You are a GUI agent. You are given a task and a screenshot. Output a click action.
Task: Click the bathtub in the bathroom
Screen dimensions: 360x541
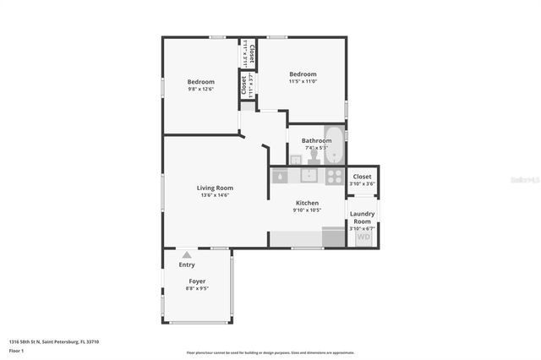pyautogui.click(x=335, y=145)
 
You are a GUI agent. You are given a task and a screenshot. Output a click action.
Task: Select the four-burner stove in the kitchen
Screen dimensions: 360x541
pyautogui.click(x=335, y=176)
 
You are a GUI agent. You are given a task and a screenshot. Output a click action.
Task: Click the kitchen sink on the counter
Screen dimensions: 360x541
pyautogui.click(x=310, y=176)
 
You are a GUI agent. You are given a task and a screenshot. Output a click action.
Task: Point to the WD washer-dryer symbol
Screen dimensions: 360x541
pyautogui.click(x=363, y=237)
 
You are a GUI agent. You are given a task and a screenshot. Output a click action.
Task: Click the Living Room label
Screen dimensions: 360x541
pyautogui.click(x=215, y=188)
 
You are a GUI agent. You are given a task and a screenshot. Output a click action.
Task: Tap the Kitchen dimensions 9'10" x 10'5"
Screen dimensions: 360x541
pyautogui.click(x=307, y=210)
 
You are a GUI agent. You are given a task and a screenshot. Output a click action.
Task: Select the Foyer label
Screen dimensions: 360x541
pyautogui.click(x=197, y=281)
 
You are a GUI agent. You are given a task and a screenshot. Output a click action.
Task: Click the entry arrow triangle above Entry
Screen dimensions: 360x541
pyautogui.click(x=187, y=254)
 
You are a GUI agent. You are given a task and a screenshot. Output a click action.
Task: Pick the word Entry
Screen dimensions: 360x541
pyautogui.click(x=187, y=265)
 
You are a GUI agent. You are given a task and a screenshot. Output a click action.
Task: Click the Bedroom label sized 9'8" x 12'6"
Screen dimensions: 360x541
pyautogui.click(x=200, y=82)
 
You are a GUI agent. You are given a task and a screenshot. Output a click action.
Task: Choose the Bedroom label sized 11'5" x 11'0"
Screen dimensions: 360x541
pyautogui.click(x=303, y=74)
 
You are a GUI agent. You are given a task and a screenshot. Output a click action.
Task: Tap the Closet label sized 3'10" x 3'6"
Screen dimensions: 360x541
pyautogui.click(x=362, y=177)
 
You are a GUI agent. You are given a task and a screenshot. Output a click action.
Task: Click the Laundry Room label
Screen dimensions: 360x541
pyautogui.click(x=362, y=216)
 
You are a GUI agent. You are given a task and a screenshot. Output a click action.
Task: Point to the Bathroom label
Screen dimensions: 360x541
pyautogui.click(x=316, y=140)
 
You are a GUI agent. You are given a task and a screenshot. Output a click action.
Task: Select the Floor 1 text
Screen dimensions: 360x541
pyautogui.click(x=15, y=350)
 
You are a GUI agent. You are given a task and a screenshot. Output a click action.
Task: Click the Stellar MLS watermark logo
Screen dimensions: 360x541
pyautogui.click(x=524, y=180)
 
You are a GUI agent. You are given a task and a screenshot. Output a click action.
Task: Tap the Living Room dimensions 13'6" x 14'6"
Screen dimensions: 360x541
pyautogui.click(x=215, y=195)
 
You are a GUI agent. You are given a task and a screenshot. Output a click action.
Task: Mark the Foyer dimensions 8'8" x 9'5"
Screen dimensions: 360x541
pyautogui.click(x=197, y=288)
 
